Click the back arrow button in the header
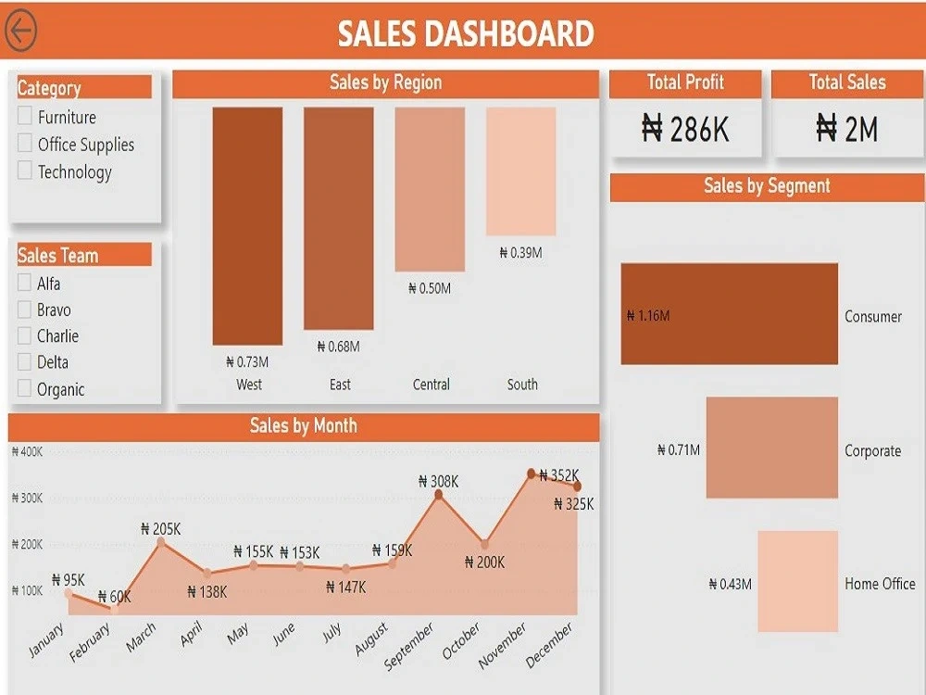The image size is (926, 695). tap(20, 31)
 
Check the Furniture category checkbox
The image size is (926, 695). tap(25, 115)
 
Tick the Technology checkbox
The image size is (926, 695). tap(25, 171)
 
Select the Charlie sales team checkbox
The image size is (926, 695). tap(24, 335)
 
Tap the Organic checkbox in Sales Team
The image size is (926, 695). tap(24, 388)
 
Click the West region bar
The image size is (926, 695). tap(247, 226)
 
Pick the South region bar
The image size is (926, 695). tap(520, 171)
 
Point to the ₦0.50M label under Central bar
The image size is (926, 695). tap(430, 288)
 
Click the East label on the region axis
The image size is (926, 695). tap(340, 385)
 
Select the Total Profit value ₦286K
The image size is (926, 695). tap(685, 129)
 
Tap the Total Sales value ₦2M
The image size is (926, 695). tap(847, 129)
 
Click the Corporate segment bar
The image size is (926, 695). tap(772, 448)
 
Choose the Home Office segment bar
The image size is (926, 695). tap(798, 581)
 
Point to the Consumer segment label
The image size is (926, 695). tap(873, 317)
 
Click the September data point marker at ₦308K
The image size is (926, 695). tap(439, 495)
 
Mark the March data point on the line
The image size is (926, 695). tap(161, 542)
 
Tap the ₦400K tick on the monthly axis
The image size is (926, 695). tap(27, 452)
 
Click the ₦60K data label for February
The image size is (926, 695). tap(115, 597)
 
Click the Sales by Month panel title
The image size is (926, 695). tap(304, 425)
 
